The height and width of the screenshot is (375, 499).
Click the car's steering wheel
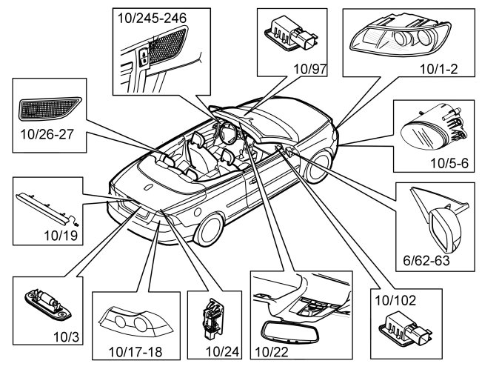point(228,133)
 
